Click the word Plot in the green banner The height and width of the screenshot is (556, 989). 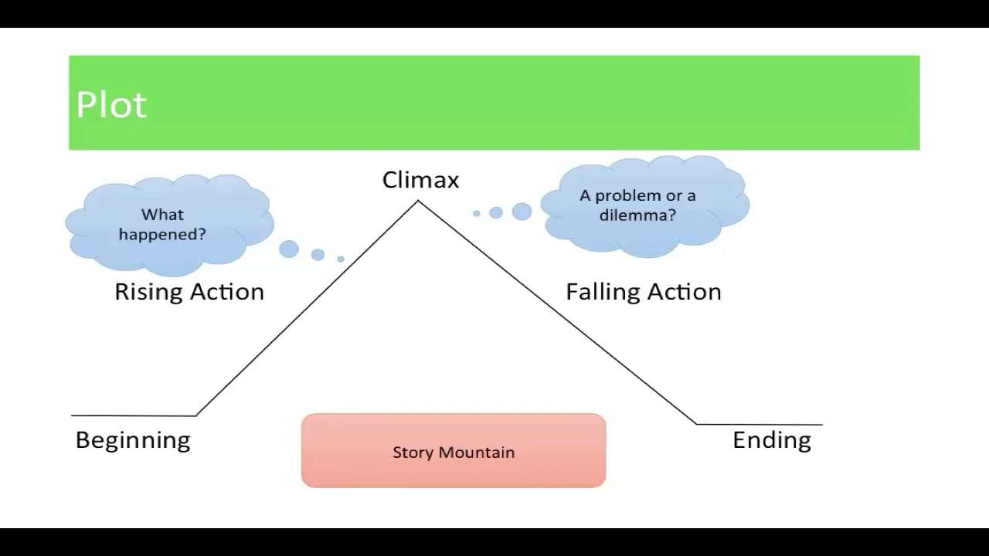[x=111, y=104]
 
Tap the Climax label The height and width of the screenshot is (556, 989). [x=420, y=180]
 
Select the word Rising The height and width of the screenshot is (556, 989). [x=148, y=292]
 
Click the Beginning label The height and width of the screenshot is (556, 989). [x=133, y=440]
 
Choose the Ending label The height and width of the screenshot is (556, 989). [x=772, y=440]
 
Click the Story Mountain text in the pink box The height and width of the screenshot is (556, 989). [x=454, y=453]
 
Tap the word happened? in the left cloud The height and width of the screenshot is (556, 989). [x=162, y=234]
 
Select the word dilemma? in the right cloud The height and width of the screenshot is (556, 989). [x=637, y=215]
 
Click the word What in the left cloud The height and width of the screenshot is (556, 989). [x=162, y=215]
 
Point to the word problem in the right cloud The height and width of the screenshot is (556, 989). [x=625, y=196]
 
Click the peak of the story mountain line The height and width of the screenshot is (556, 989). [x=418, y=202]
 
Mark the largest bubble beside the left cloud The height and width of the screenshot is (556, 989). [x=289, y=249]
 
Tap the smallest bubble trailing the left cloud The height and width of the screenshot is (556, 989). [x=341, y=259]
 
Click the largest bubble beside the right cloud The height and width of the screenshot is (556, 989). [x=522, y=212]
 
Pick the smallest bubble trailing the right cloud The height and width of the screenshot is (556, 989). [x=477, y=214]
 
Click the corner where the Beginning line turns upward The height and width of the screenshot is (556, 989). [x=196, y=415]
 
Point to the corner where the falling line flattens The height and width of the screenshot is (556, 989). [x=696, y=424]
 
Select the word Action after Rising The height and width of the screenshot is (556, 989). [x=227, y=292]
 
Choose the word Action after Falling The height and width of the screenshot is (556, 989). [x=685, y=292]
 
